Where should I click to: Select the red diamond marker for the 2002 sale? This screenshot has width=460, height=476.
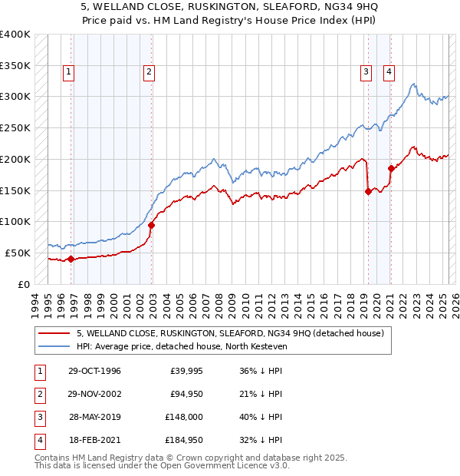click(x=152, y=225)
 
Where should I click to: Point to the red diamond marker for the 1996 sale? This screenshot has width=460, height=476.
click(x=71, y=259)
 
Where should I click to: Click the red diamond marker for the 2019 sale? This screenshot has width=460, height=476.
click(x=368, y=192)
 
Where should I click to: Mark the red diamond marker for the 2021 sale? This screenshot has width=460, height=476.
click(x=391, y=168)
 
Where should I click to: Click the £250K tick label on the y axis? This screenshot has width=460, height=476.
click(x=15, y=127)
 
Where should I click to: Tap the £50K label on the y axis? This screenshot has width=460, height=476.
click(x=18, y=253)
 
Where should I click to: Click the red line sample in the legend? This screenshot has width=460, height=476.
click(x=54, y=333)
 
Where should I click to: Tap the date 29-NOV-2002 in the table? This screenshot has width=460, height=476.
click(x=94, y=394)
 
